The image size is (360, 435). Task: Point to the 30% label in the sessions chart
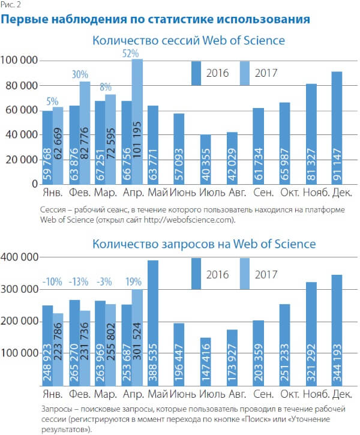coord(80,75)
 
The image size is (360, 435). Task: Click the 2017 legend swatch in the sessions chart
coord(244,73)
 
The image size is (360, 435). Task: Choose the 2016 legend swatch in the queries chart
coord(196,274)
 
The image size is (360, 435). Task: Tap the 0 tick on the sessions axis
coord(34,184)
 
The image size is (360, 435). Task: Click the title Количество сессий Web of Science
coord(188,41)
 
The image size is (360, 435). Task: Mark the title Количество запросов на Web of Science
coord(203,244)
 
